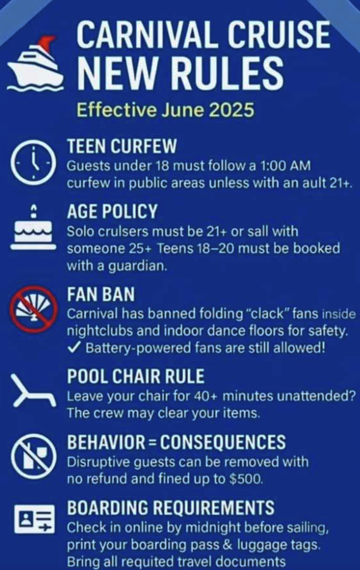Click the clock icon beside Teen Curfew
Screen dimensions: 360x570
[x=33, y=163]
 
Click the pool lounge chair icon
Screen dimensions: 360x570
[x=33, y=390]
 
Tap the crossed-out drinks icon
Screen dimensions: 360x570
[x=33, y=456]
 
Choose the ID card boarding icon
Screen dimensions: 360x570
[x=34, y=519]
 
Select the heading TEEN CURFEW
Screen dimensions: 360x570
[x=122, y=146]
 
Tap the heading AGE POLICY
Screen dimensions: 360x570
[x=112, y=211]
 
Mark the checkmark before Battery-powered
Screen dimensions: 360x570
[x=74, y=348]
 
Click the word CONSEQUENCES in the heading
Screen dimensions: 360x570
[x=223, y=442]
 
